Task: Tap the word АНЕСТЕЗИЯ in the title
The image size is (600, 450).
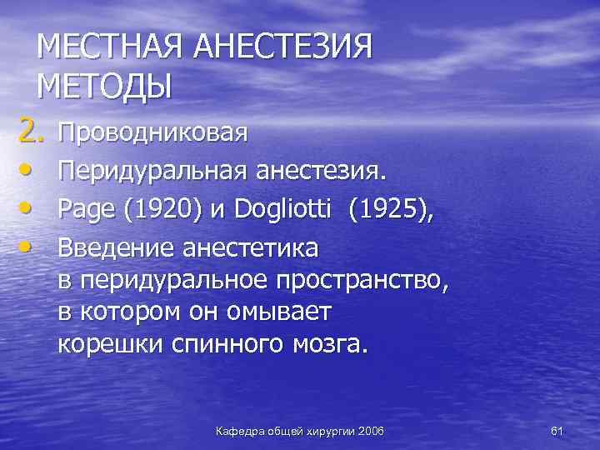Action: coord(282,48)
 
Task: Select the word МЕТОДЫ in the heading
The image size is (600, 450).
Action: coord(104,87)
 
